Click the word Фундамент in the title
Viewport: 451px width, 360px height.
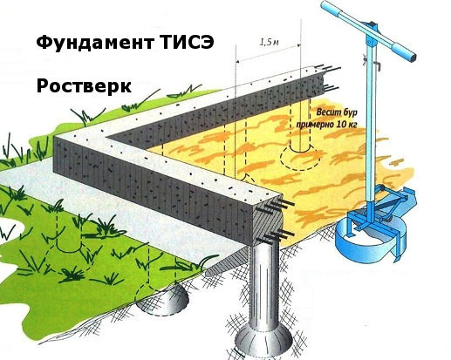[95, 43]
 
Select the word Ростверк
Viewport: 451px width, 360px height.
[84, 86]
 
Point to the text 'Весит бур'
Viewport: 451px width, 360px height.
[337, 112]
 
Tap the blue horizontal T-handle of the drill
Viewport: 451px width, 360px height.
[367, 30]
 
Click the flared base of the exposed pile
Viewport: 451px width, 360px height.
[263, 338]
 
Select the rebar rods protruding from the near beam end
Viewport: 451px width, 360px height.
[277, 220]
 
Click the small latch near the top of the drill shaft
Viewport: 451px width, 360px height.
[378, 66]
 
